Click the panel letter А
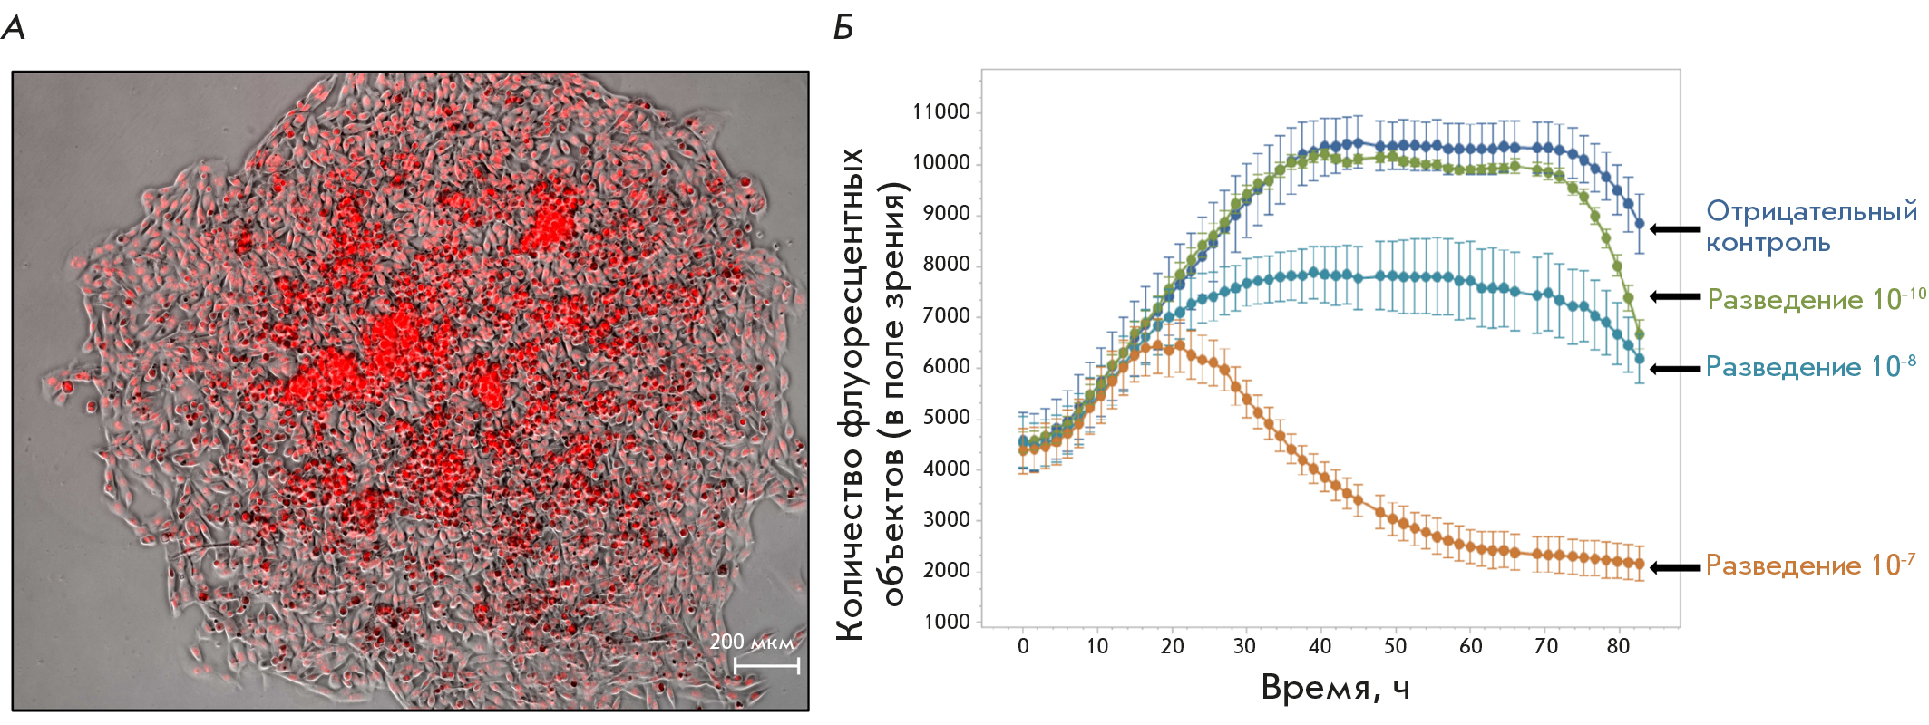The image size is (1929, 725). pos(14,28)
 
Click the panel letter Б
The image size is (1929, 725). pos(843,28)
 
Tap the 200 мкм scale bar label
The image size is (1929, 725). pos(752,642)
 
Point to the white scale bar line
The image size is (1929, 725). pos(766,666)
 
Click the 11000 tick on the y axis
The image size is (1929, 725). pos(941,111)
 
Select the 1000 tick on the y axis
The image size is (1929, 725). pos(947,622)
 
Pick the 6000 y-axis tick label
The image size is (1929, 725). pos(947,366)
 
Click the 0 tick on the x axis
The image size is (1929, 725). pos(1023,646)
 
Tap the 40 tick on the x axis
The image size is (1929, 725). pos(1320,646)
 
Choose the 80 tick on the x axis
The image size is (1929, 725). pos(1618,646)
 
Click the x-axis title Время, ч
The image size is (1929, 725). pos(1335,689)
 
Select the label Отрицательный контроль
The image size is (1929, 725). pos(1811,227)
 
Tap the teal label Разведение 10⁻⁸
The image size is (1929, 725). pos(1810,366)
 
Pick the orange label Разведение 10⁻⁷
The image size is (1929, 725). pos(1810,565)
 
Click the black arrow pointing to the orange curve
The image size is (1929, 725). pos(1675,567)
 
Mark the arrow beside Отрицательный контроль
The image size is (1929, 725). pos(1675,229)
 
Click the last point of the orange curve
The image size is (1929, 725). pos(1639,564)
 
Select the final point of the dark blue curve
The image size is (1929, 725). pos(1639,223)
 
